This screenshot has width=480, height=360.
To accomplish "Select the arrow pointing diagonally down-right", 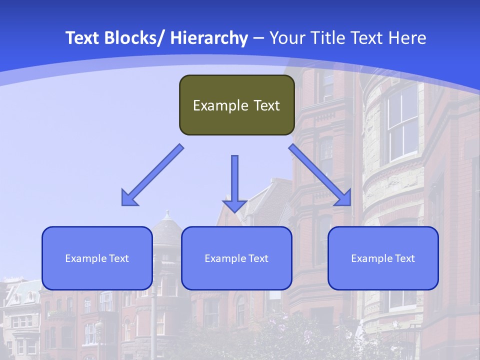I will click(320, 175).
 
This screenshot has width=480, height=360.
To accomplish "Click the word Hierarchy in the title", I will click(209, 38).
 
